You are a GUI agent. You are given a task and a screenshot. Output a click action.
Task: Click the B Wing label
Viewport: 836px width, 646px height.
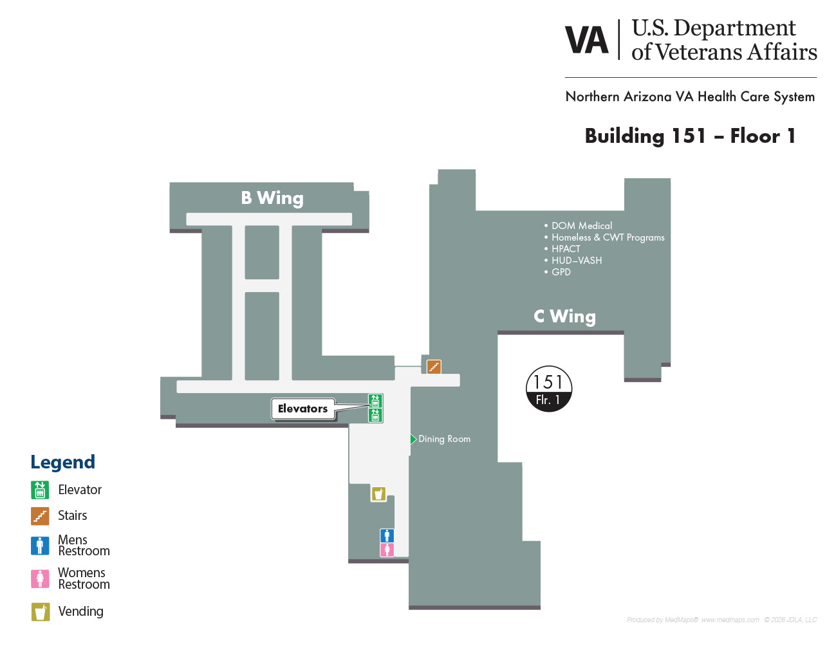(272, 198)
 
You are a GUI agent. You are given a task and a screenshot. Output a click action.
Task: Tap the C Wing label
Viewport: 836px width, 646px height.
(564, 317)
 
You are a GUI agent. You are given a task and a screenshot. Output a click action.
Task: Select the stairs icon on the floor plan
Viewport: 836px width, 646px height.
(434, 367)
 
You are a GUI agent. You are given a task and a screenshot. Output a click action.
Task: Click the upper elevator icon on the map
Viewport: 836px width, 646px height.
(375, 401)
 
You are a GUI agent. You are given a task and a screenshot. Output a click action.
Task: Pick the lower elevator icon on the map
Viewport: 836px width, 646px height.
(375, 416)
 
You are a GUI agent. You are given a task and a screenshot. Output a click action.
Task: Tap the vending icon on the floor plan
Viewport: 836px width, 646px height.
(378, 494)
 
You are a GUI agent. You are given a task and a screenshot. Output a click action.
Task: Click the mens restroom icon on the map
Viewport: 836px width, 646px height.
(387, 535)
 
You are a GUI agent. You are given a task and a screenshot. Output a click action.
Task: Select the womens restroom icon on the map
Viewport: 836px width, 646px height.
(387, 550)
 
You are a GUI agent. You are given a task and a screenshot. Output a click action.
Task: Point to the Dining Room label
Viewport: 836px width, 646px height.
(444, 439)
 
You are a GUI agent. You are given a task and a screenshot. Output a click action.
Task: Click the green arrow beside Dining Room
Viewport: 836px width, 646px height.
(413, 439)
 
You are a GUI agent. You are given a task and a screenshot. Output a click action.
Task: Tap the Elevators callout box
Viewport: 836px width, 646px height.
(302, 409)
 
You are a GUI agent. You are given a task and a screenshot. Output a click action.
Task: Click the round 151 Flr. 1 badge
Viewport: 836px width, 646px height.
(548, 389)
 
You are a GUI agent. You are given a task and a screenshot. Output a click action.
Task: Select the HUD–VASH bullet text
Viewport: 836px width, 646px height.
(577, 261)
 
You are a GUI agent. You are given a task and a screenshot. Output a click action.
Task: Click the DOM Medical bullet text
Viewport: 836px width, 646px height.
(582, 226)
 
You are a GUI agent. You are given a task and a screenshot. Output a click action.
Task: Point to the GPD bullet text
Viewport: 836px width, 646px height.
(561, 272)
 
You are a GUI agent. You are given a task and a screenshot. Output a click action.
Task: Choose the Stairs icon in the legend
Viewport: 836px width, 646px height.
(40, 516)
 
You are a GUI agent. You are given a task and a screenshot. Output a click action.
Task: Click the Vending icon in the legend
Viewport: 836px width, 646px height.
(40, 612)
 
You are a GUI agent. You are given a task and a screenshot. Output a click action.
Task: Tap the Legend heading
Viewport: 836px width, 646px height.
(62, 462)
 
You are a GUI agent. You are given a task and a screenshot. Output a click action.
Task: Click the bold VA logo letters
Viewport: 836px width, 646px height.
(587, 41)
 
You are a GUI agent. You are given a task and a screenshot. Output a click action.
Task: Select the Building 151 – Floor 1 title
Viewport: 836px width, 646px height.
(690, 136)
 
